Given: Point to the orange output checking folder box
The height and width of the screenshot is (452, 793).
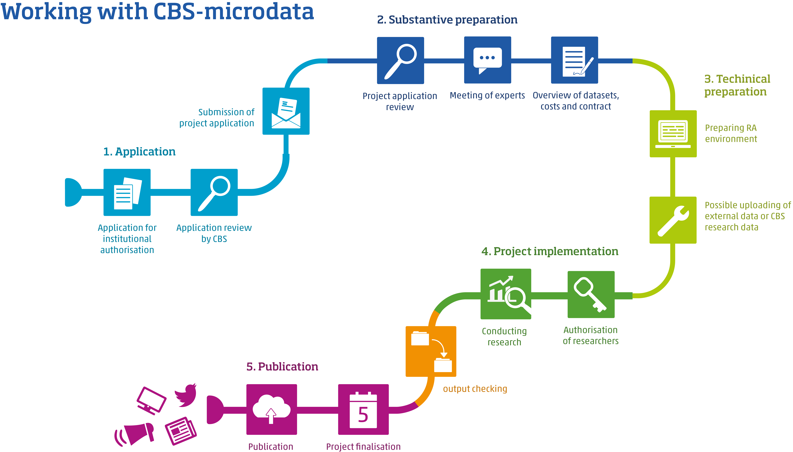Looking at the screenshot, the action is [x=431, y=351].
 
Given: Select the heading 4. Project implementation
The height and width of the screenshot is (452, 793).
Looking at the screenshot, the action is [x=550, y=251].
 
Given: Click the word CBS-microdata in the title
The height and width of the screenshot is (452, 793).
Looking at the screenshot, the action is [x=234, y=12].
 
